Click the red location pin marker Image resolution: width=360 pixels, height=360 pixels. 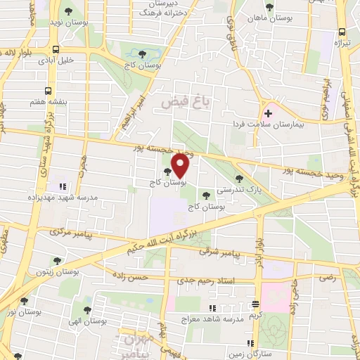181,165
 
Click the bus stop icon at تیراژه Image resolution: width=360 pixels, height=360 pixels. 342,32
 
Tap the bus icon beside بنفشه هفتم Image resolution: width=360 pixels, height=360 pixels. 48,91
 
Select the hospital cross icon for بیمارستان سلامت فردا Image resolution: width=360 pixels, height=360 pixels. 268,112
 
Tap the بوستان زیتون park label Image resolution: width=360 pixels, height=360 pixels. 58,270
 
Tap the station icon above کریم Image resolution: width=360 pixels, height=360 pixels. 255,304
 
